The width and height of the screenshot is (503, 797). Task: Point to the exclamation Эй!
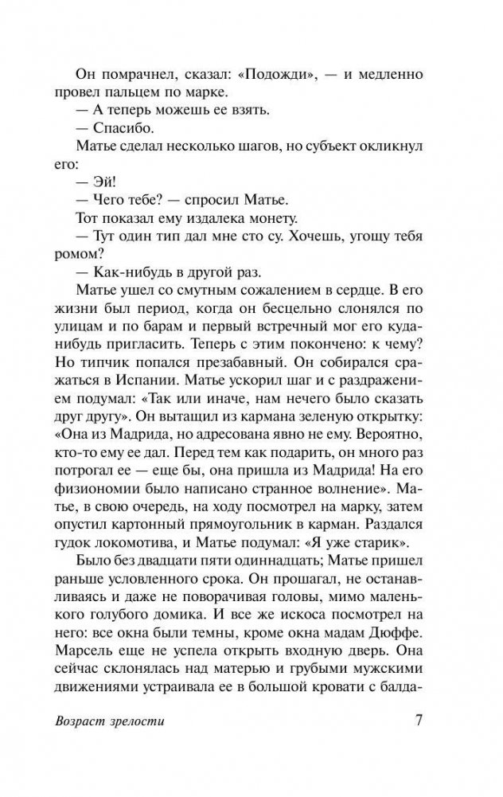coord(107,195)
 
